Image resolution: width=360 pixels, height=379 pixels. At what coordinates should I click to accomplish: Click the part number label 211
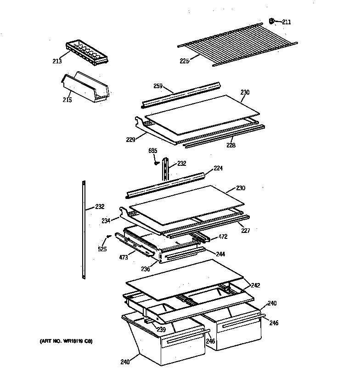click(x=287, y=22)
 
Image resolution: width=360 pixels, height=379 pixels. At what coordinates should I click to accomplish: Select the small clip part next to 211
click(x=271, y=21)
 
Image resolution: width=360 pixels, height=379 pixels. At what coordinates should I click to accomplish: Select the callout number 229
click(x=131, y=139)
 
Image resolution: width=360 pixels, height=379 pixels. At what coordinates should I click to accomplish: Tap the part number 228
click(x=231, y=145)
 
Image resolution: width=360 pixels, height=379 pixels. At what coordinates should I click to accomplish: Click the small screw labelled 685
click(x=157, y=161)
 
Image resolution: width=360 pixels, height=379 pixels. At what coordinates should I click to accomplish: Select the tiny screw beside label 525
click(x=108, y=237)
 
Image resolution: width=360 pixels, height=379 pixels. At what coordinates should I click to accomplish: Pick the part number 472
click(x=223, y=237)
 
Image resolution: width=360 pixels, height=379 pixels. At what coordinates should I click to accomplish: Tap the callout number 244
click(x=221, y=254)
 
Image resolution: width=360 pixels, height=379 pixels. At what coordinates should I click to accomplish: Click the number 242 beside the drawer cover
click(x=256, y=285)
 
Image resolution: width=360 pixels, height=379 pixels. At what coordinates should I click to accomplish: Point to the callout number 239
click(x=161, y=330)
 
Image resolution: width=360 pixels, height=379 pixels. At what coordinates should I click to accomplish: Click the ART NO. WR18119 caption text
click(x=66, y=341)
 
